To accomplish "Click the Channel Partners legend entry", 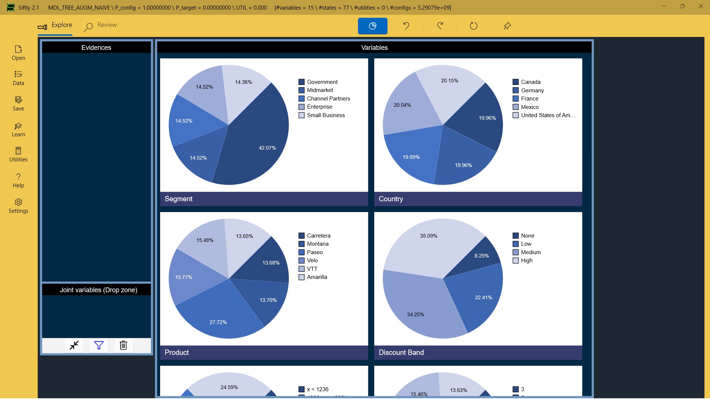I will tap(328, 99).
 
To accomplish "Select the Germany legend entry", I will tap(532, 91).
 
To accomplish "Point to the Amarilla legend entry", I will tap(317, 277).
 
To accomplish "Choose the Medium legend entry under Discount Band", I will tap(531, 252).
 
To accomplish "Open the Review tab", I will tap(101, 25).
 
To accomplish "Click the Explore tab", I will tap(55, 25).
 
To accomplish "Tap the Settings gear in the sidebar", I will tap(18, 206).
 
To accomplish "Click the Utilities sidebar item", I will tap(18, 154).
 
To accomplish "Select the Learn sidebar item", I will tap(18, 130).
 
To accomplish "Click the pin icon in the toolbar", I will tap(507, 26).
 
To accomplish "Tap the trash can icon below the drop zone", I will tap(123, 345).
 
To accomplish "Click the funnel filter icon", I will tap(99, 345).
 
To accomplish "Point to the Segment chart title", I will tap(179, 199).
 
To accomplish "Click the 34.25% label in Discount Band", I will tap(415, 315).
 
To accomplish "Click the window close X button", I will tap(701, 6).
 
